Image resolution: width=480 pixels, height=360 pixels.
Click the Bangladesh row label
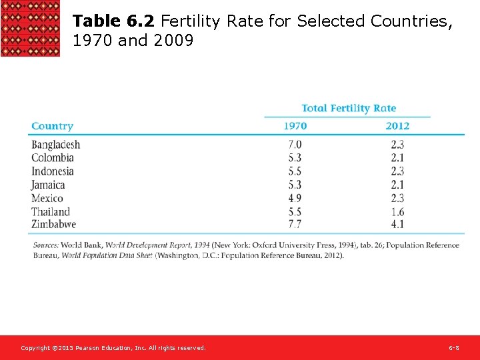point(55,145)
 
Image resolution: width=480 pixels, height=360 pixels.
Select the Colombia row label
point(52,158)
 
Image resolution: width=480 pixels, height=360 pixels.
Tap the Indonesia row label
point(52,171)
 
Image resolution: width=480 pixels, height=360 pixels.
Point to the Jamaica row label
point(48,185)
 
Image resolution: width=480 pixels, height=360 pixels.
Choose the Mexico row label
point(47,198)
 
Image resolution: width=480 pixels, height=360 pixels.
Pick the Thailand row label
point(50,212)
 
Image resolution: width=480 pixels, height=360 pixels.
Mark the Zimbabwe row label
point(53,225)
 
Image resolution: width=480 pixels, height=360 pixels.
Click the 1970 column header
point(295,126)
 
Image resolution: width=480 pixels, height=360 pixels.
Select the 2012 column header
point(397,126)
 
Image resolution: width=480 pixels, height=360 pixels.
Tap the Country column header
point(52,126)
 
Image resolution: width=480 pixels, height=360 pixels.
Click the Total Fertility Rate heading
point(348,108)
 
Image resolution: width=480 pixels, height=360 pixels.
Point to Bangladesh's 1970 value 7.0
point(295,145)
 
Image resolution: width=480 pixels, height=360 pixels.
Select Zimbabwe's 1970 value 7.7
point(295,225)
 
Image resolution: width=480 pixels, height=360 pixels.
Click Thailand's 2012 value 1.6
point(397,212)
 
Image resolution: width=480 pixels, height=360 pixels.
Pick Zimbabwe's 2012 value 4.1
point(397,225)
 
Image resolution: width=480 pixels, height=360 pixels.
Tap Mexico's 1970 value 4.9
point(295,198)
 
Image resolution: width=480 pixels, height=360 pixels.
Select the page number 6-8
point(453,348)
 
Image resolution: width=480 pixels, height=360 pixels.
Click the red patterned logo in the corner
point(30,28)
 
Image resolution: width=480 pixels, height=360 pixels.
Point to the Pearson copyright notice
point(113,348)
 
